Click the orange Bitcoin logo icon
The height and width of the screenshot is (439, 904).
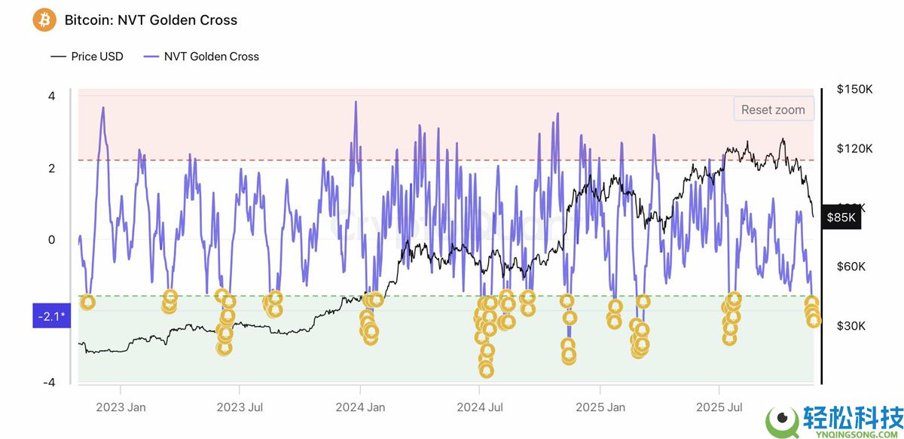click(x=44, y=20)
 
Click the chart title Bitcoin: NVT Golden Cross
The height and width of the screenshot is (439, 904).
click(x=151, y=20)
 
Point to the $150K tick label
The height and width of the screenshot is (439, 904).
click(x=854, y=89)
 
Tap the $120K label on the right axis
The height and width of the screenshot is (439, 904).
click(x=854, y=148)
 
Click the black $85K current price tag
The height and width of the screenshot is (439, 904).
click(x=841, y=217)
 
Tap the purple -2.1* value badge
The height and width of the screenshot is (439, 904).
click(x=51, y=316)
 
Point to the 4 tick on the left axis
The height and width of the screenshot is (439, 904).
click(x=51, y=96)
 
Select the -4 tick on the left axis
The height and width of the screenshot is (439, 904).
click(x=49, y=383)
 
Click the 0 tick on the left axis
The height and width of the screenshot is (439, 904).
click(x=51, y=239)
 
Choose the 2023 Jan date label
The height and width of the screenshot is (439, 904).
click(x=121, y=407)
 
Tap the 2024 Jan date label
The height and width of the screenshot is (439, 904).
click(x=360, y=407)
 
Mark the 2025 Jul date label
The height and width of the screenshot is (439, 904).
click(x=719, y=407)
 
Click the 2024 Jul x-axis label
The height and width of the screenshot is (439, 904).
click(x=480, y=407)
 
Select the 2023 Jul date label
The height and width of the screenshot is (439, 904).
click(x=240, y=407)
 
